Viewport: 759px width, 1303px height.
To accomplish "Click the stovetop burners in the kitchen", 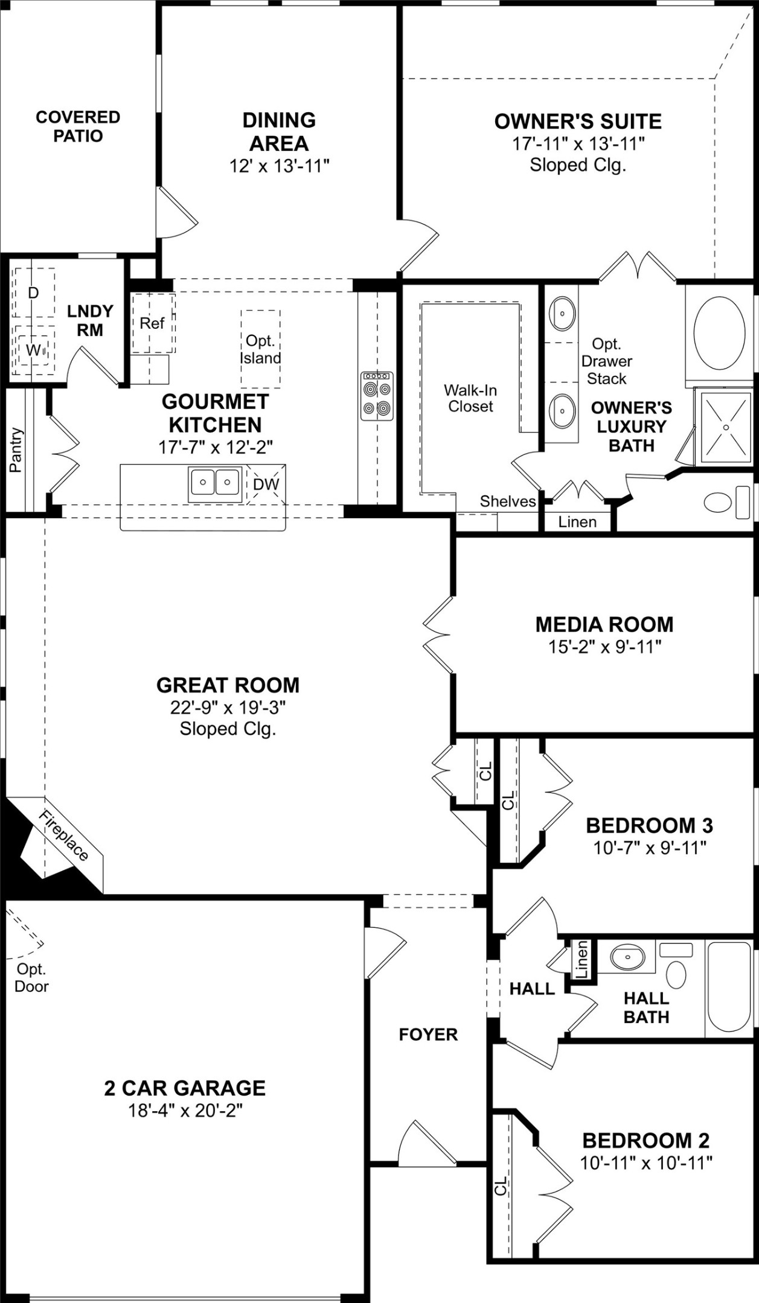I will [377, 396].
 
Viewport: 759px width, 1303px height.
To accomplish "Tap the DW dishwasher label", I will [266, 484].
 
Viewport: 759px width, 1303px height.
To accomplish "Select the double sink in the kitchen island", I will [215, 483].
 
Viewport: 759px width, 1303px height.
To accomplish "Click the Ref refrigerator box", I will [152, 323].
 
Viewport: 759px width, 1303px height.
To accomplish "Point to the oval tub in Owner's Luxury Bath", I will [719, 332].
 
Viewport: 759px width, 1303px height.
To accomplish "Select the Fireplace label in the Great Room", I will [64, 835].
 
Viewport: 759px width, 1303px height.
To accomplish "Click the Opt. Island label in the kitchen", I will [260, 349].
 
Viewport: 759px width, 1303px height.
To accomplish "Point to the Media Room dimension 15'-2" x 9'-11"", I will [604, 647].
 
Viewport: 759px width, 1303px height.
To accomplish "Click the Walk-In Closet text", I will [470, 398].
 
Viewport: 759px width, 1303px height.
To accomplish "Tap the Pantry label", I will [16, 449].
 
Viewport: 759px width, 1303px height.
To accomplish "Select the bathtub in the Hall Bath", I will [729, 987].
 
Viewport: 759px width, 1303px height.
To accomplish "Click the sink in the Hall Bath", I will [627, 957].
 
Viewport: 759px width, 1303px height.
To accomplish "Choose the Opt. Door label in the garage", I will [31, 978].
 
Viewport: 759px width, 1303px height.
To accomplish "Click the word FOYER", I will [428, 1035].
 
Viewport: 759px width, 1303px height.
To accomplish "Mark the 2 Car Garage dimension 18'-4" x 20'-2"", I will [185, 1111].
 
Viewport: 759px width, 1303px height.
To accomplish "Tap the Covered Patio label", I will [78, 126].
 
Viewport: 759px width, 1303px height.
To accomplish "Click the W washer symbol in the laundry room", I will [33, 350].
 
